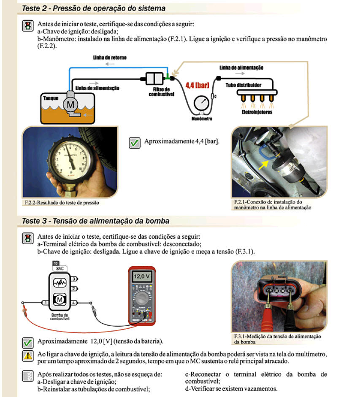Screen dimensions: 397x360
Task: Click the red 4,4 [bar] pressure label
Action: coord(198,85)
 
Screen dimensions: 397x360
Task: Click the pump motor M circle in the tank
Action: coord(70,103)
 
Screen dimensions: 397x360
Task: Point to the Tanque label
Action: coord(50,98)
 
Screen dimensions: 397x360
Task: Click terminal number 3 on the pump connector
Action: coord(74,279)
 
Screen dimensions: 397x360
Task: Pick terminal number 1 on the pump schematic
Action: coord(44,302)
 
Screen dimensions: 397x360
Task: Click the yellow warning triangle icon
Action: coord(27,356)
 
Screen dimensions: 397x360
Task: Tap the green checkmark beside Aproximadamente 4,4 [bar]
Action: coord(135,143)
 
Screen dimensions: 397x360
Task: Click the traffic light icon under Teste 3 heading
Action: coord(27,238)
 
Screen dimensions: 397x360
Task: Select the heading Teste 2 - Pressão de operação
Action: coord(94,8)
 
